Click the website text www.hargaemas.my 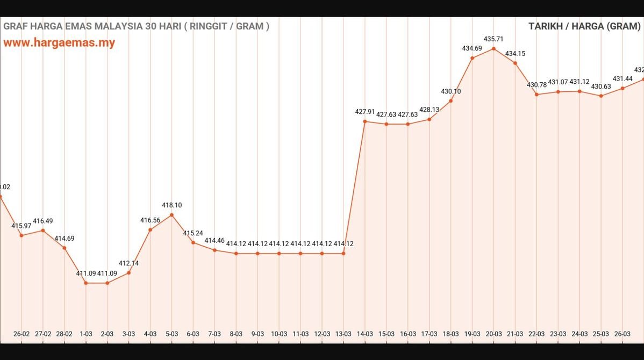point(59,43)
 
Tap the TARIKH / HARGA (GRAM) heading point(584,26)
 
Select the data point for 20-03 point(493,49)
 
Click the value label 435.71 point(493,39)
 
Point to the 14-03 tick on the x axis point(364,334)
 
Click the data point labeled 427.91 point(365,121)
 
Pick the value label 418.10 point(171,205)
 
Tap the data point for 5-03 point(171,215)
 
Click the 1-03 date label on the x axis point(85,334)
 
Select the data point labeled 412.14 point(128,273)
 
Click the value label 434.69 point(472,48)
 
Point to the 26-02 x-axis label point(22,334)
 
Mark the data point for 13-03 point(344,253)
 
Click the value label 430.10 point(450,91)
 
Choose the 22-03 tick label point(536,334)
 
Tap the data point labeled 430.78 point(536,95)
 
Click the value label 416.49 point(43,221)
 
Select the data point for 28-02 point(65,248)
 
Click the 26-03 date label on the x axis point(622,334)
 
